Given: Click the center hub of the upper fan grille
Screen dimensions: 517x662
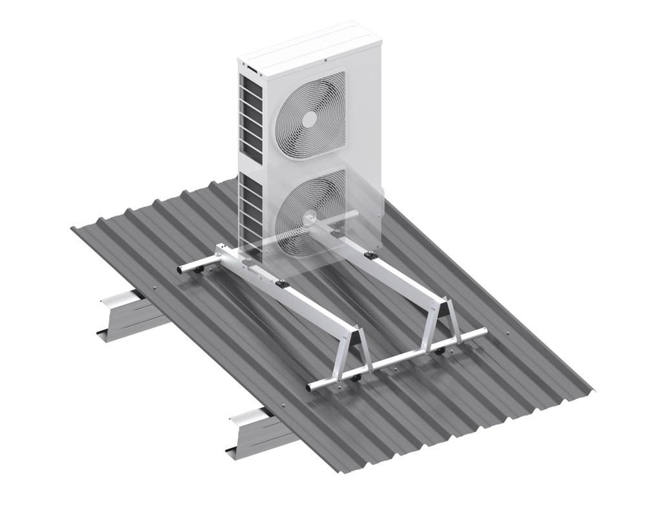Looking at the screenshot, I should [x=310, y=117].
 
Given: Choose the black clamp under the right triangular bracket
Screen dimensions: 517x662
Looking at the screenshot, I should [x=440, y=351].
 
